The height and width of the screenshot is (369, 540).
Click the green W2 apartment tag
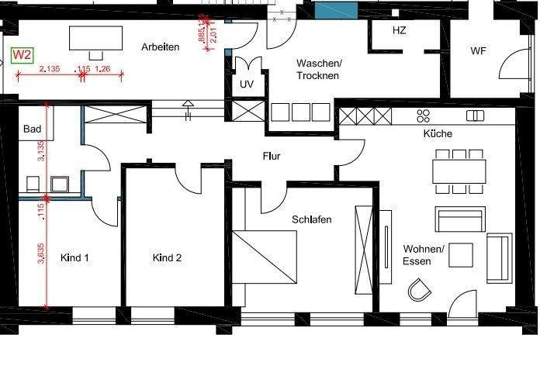point(22,56)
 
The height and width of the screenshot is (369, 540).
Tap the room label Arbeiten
point(161,47)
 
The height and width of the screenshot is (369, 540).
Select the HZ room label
point(400,31)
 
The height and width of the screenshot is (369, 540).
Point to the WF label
point(479,51)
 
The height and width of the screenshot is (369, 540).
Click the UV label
point(247,84)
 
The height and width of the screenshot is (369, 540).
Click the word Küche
point(437,133)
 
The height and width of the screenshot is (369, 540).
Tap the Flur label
point(271,157)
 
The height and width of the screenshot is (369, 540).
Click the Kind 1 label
point(75,258)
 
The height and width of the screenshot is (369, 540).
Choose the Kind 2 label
point(167,258)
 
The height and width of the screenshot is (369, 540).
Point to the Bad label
point(32,129)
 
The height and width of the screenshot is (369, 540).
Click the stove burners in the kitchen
point(424,116)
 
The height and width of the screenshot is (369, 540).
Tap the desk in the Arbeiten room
point(97,36)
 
